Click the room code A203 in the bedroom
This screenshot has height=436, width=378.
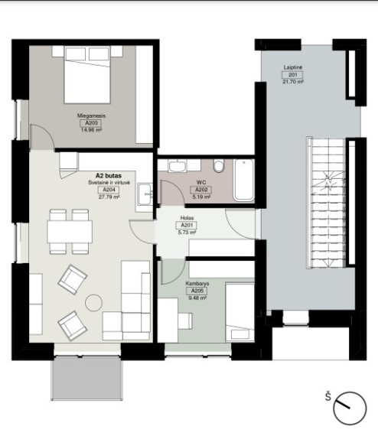point(91,123)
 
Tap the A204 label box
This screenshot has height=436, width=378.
point(109,190)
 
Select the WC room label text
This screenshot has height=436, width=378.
point(201,182)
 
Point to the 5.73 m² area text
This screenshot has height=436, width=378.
point(187,232)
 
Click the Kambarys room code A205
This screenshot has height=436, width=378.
point(197,291)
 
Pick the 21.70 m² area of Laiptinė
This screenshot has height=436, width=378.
point(292,82)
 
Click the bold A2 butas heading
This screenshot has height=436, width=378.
point(109,176)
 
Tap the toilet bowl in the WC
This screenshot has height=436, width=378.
point(219,166)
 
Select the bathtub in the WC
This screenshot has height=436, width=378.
point(244,180)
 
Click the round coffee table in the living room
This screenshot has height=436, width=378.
point(93,303)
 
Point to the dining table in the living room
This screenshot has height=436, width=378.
point(70,232)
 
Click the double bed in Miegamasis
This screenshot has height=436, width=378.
point(87,75)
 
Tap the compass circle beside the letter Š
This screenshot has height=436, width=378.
point(350,408)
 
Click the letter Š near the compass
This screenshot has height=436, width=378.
point(328,396)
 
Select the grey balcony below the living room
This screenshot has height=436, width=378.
point(86,379)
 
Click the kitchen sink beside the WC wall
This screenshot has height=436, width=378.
point(145,194)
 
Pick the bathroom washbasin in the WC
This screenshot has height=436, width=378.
point(178,166)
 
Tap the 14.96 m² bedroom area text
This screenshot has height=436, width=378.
point(91,130)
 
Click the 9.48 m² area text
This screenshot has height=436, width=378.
point(197,298)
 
